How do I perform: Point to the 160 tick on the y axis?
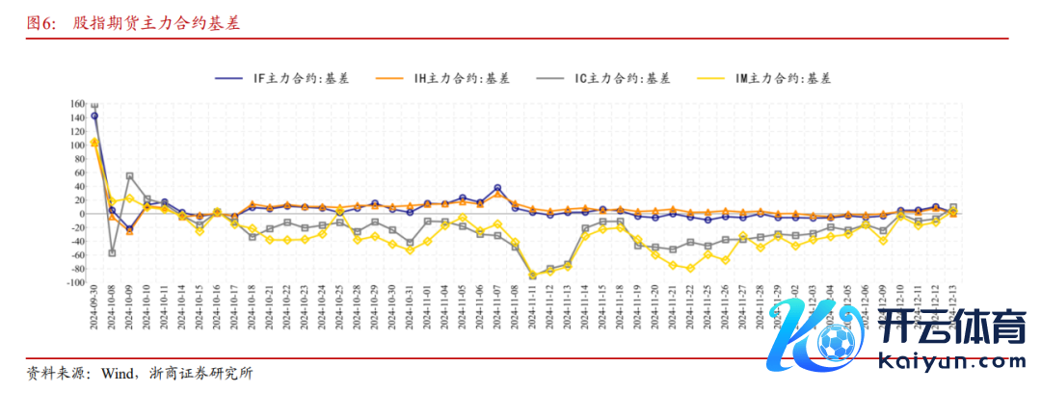pos(78,104)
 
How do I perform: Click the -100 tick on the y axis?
pos(75,283)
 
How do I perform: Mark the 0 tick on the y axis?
pos(83,214)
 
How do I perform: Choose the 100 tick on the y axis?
pos(78,145)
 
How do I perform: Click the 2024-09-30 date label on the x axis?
pos(94,317)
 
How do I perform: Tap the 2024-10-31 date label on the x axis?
pos(410,317)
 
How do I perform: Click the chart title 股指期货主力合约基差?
pos(157,23)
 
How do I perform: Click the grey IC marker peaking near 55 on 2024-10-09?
pos(129,176)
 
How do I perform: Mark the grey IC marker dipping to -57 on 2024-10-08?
pos(112,252)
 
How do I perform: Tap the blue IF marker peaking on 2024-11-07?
pos(497,188)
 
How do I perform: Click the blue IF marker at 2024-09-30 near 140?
pos(94,116)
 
